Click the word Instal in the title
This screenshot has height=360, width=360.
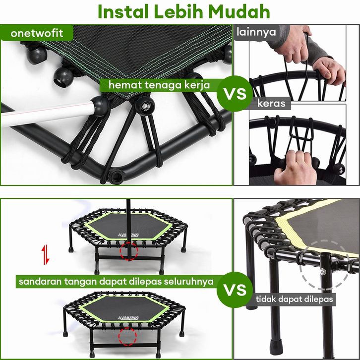(123, 11)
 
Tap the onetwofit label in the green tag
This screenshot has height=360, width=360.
(37, 33)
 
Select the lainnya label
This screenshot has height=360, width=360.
(256, 32)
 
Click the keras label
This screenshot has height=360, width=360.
(271, 103)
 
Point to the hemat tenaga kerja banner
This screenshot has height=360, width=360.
(159, 85)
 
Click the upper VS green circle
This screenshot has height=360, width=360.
(235, 94)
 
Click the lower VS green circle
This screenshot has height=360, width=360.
(235, 290)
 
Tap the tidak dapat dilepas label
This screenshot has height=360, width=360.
(294, 299)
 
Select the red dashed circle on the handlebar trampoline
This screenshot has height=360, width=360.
(129, 251)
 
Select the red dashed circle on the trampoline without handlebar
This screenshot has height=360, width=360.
(127, 337)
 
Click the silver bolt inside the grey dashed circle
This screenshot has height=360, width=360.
(323, 272)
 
